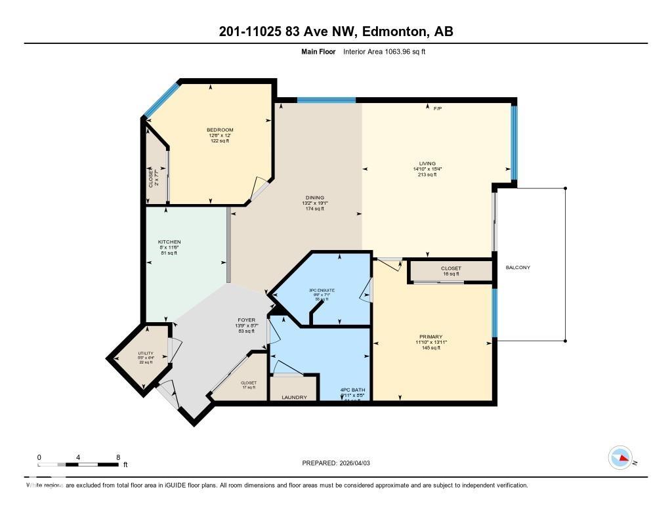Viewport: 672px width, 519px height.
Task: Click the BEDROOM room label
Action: point(220,130)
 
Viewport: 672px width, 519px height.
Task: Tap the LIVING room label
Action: point(427,163)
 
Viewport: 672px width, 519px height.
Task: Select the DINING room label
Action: point(314,197)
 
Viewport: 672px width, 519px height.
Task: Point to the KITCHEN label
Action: point(169,242)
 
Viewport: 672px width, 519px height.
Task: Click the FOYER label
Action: point(245,320)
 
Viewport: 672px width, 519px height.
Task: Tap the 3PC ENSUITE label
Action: point(322,290)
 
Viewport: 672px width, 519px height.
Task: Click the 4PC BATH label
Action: point(353,391)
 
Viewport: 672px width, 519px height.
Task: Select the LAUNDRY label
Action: point(294,397)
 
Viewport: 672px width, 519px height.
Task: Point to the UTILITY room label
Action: point(145,353)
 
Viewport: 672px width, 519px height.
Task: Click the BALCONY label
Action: point(518,268)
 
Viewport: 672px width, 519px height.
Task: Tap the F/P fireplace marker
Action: point(438,108)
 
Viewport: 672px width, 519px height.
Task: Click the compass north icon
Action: point(620,457)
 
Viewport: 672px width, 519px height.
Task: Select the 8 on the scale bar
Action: point(117,457)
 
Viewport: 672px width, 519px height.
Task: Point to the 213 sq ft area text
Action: point(427,175)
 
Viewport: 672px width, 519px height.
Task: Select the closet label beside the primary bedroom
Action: point(451,268)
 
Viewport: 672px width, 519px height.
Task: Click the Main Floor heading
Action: point(318,51)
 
